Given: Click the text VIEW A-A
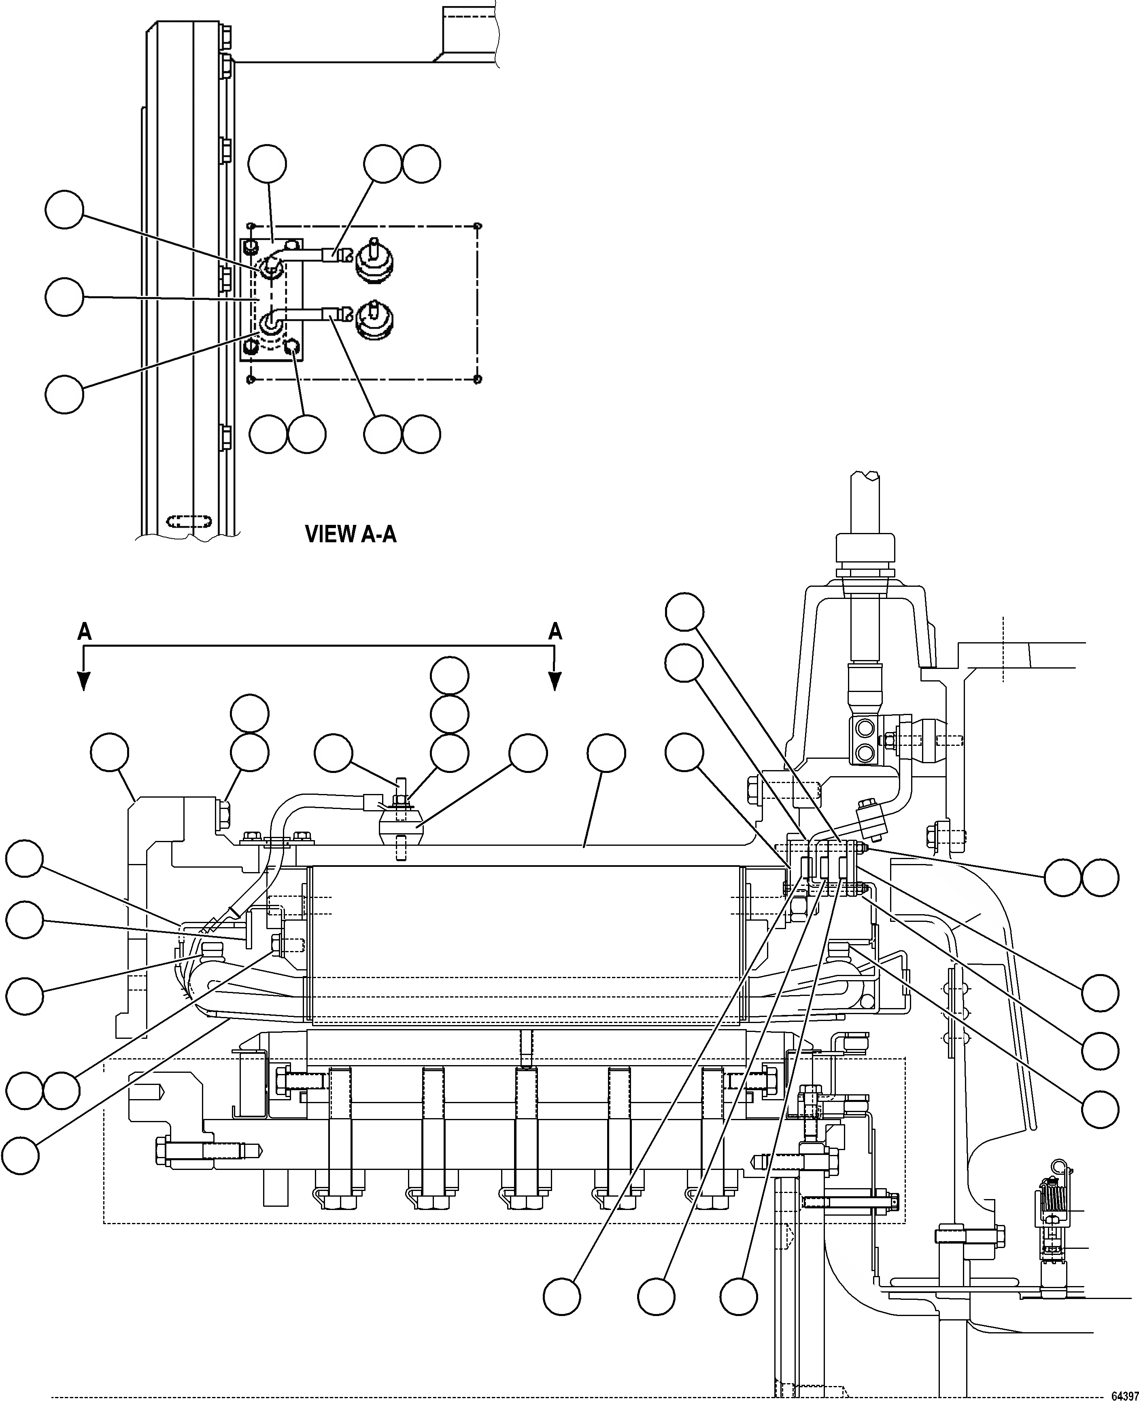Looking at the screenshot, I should point(351,534).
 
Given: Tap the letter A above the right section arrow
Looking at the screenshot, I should point(555,632).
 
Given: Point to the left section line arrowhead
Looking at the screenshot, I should point(84,682).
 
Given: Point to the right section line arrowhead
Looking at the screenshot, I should point(555,682).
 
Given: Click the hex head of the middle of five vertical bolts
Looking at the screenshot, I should point(525,1201).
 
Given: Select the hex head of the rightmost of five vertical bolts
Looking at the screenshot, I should point(711,1201).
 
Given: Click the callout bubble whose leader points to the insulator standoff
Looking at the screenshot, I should point(528,753).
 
